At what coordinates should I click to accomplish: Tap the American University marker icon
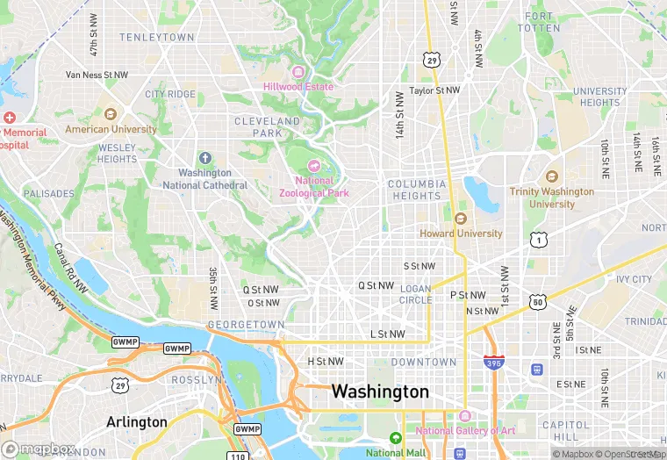pos(111,115)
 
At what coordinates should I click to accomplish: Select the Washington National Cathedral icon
pos(204,158)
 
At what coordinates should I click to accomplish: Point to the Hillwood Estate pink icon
pos(298,72)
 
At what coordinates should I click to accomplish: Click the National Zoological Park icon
pos(314,166)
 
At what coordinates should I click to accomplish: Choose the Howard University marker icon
pos(461,219)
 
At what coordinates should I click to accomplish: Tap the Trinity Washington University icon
pos(551,176)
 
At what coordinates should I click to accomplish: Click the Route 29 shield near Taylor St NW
pos(430,60)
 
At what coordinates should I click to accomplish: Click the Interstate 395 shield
pos(494,362)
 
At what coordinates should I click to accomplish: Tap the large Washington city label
pos(380,392)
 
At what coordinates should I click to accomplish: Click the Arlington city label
pos(137,421)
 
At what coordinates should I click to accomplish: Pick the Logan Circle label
pos(416,294)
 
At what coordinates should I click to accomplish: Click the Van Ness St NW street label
pos(97,75)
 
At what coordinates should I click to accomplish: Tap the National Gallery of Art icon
pos(465,415)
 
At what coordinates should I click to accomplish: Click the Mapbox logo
pos(39,449)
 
